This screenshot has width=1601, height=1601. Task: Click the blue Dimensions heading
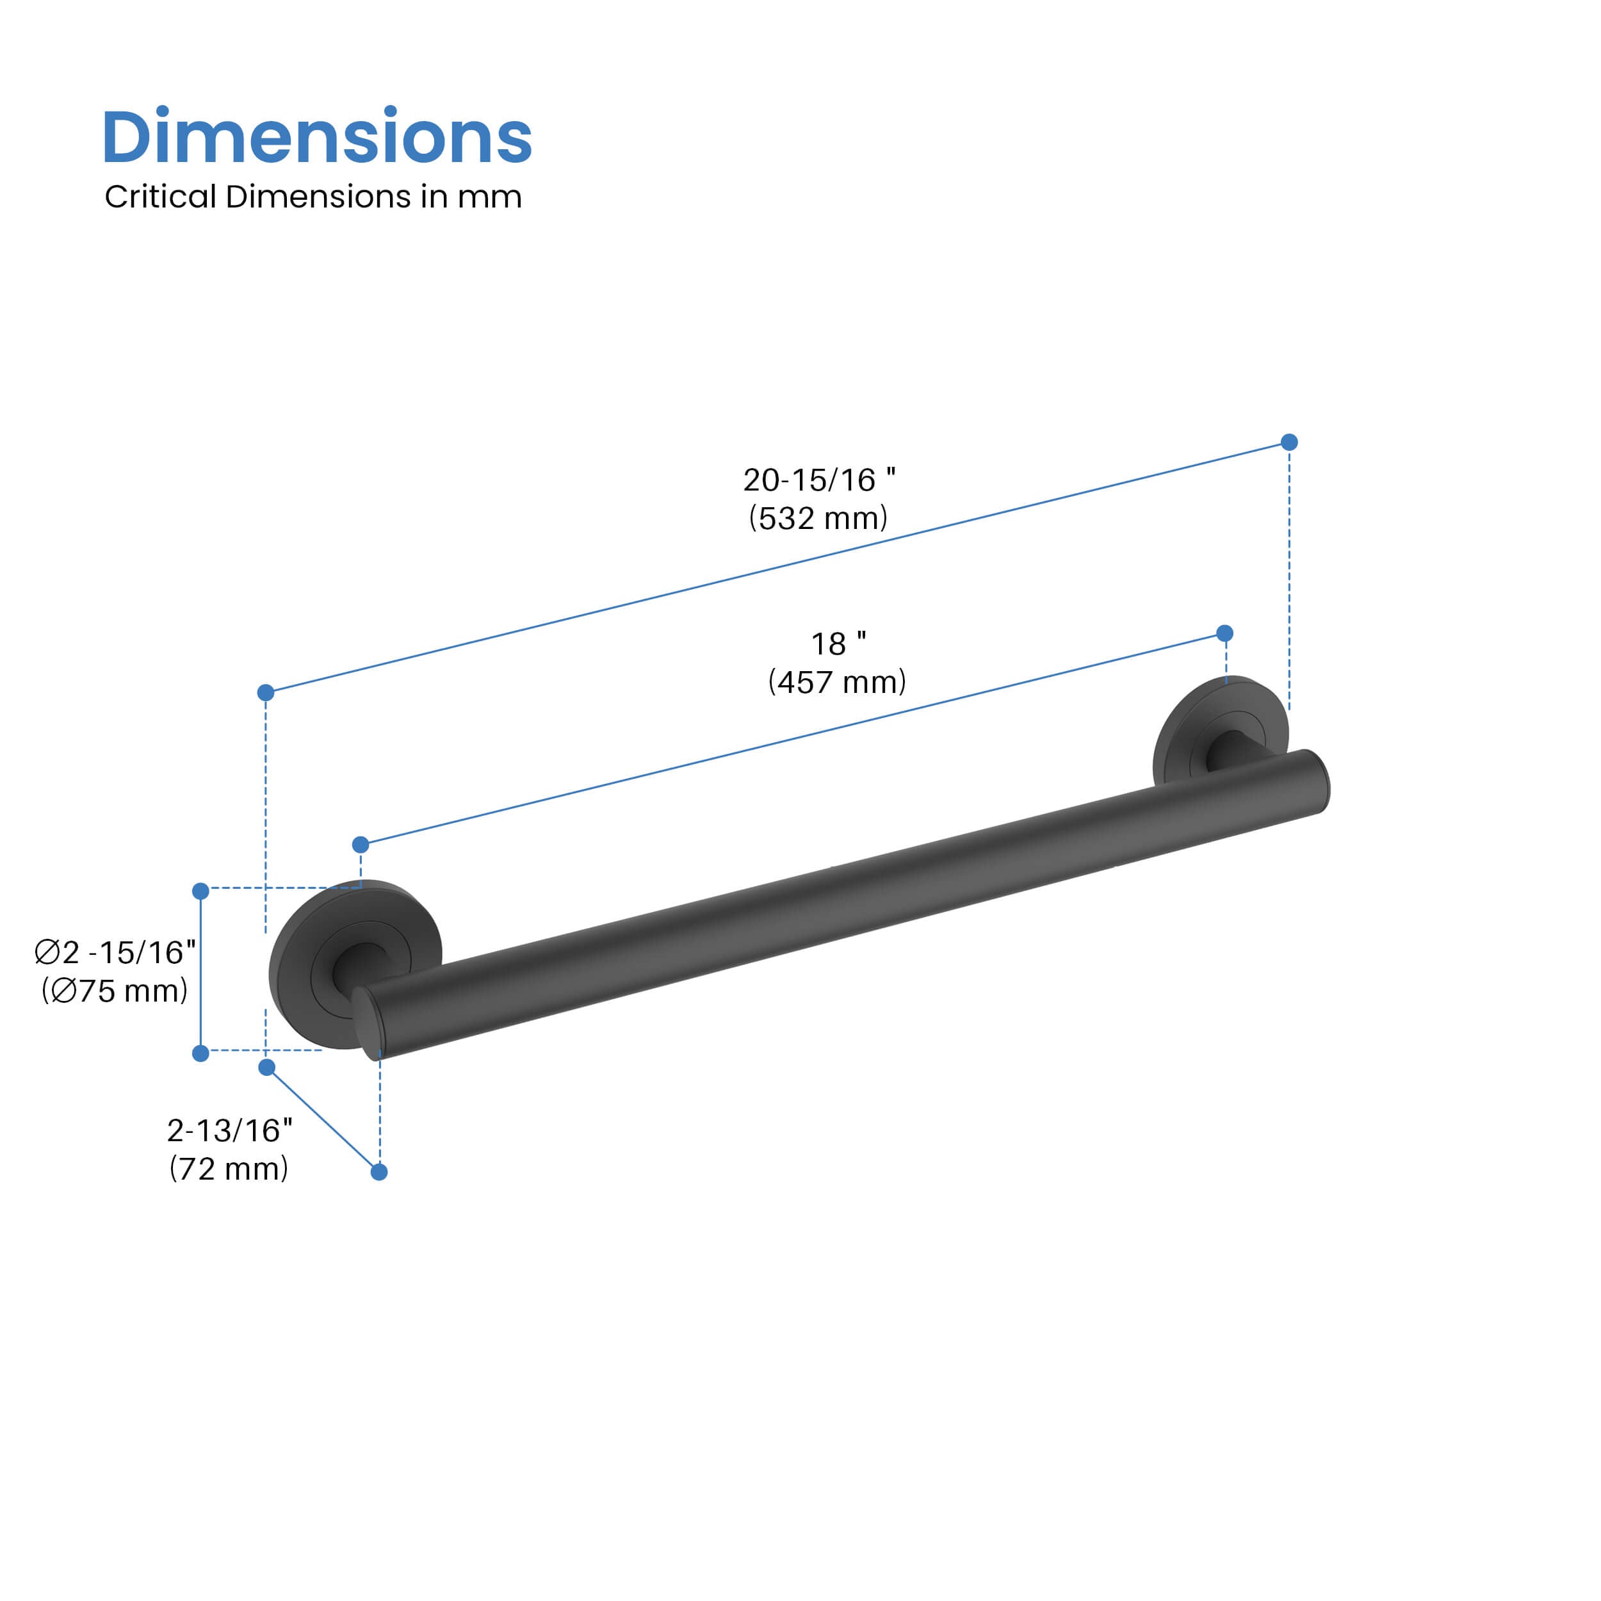click(x=316, y=137)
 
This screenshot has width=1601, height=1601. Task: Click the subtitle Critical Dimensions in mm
click(x=313, y=197)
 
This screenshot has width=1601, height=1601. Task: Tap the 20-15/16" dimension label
click(x=818, y=480)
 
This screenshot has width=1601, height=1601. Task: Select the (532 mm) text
click(x=818, y=518)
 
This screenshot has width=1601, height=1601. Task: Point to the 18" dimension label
click(x=838, y=644)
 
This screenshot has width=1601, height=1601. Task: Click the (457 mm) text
click(x=837, y=682)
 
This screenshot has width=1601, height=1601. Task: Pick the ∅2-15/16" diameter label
click(x=115, y=953)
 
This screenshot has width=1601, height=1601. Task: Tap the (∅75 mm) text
click(x=115, y=991)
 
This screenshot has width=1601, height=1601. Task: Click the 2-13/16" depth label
click(x=229, y=1130)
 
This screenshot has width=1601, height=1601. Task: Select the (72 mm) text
click(x=229, y=1169)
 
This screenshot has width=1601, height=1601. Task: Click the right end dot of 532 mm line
click(x=1288, y=443)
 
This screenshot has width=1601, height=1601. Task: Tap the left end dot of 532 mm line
click(x=266, y=693)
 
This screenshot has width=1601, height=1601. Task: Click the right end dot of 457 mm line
click(x=1225, y=634)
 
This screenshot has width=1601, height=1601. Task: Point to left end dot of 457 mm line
click(x=361, y=845)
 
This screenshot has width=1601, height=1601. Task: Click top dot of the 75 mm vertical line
click(x=200, y=891)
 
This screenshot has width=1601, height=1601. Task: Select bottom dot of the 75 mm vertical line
click(x=200, y=1053)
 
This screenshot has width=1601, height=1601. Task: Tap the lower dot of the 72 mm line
click(x=378, y=1172)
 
